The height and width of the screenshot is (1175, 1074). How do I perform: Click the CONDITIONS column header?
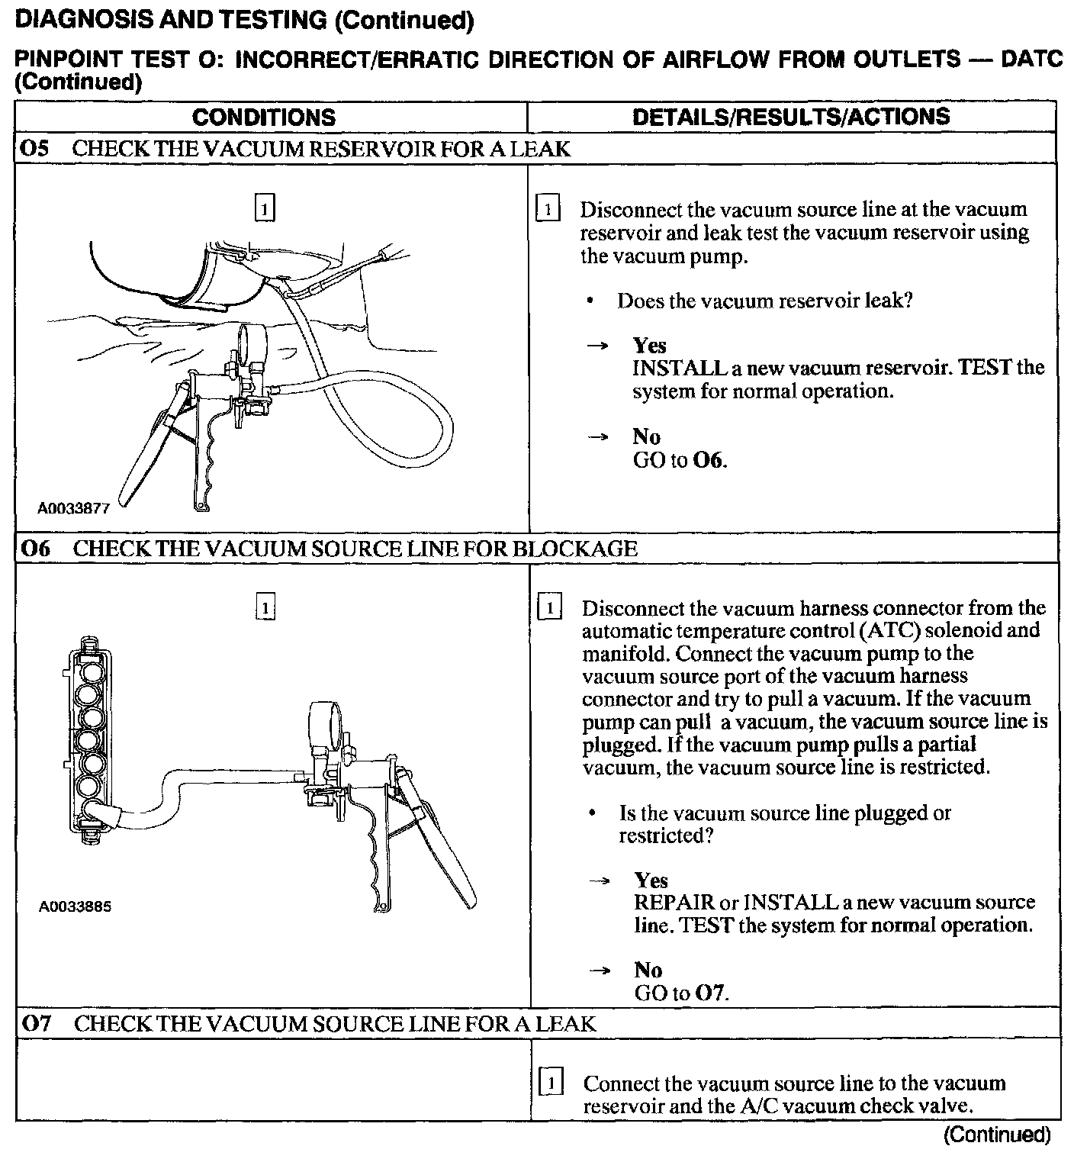pos(263,117)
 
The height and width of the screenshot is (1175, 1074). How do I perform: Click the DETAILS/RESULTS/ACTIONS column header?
pos(791,117)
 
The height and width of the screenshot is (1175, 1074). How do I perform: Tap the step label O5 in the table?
pos(34,149)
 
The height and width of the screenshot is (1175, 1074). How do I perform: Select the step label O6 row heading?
pos(34,549)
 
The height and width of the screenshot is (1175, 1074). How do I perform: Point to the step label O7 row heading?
pos(35,1023)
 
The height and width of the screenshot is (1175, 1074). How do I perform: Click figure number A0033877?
pos(74,508)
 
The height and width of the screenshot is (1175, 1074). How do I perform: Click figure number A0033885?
pos(75,907)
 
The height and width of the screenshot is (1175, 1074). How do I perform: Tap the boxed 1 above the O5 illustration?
pos(264,208)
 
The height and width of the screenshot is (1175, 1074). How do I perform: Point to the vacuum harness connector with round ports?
pos(90,738)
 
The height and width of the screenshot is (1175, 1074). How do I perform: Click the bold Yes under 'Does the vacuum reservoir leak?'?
pos(649,346)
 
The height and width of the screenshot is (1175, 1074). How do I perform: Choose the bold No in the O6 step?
pos(648,970)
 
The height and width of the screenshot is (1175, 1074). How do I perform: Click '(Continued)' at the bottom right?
pos(996,1135)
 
